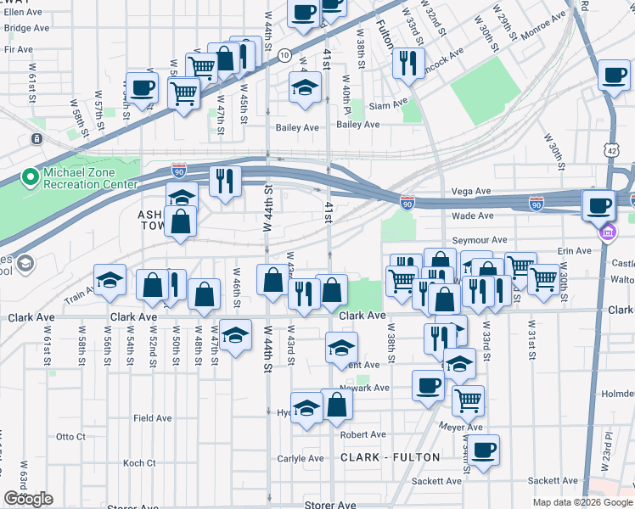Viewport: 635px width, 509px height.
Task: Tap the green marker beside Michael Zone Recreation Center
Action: (30, 178)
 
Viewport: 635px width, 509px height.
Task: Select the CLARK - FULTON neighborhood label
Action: (391, 457)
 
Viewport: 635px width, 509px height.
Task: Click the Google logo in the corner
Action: (28, 499)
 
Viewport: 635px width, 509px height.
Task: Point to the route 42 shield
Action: (612, 149)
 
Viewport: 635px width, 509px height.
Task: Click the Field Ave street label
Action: (153, 418)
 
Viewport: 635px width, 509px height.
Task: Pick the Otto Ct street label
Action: (70, 437)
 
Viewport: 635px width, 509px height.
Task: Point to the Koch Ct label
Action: (139, 463)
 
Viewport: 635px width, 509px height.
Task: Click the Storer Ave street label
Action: (329, 505)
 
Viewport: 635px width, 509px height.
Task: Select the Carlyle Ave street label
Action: (301, 459)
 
